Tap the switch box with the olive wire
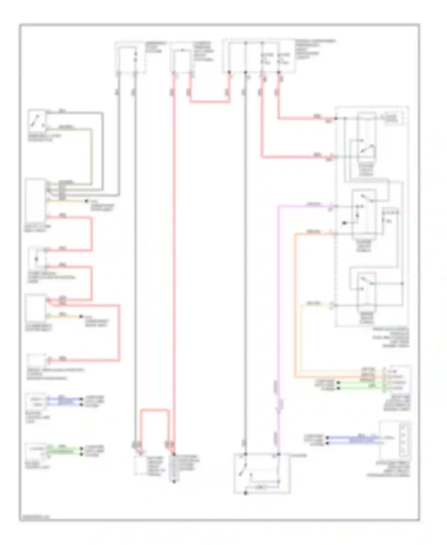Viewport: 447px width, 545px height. coord(37,121)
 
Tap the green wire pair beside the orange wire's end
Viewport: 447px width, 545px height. coord(361,385)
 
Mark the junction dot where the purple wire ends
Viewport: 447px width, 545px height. coord(278,454)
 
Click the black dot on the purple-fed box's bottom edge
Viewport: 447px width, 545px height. coord(246,493)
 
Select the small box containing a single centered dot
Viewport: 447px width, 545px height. coord(37,258)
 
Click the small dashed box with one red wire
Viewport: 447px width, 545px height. coord(36,360)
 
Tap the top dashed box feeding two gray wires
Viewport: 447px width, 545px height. coord(130,58)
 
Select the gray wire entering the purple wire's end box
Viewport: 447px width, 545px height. coord(245,268)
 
